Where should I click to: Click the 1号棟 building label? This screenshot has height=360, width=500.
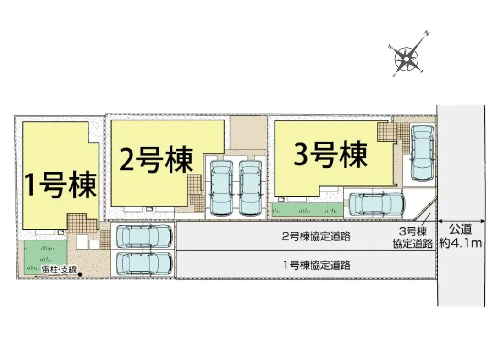coord(60,185)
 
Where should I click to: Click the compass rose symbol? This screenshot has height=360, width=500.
coord(407,59)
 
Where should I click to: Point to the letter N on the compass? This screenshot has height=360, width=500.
coord(427,33)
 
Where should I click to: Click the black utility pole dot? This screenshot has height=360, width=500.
coord(80,274)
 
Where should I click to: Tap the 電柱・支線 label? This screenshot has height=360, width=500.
coord(59,270)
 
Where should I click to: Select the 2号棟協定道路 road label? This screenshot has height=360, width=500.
coord(316,236)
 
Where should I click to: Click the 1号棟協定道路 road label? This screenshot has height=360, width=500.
coord(316,265)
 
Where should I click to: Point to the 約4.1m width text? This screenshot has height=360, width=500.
coord(461,243)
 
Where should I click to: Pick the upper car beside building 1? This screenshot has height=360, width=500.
coord(144,236)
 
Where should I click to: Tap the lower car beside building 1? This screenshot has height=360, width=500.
coord(144,264)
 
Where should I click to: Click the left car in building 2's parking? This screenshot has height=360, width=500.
coord(221,187)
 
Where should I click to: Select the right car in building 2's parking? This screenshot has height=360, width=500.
coord(251,187)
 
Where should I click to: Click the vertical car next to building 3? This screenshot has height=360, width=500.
coord(422,153)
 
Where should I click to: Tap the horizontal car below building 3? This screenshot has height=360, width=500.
coord(376,204)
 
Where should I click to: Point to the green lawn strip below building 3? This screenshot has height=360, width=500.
coord(307,210)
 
